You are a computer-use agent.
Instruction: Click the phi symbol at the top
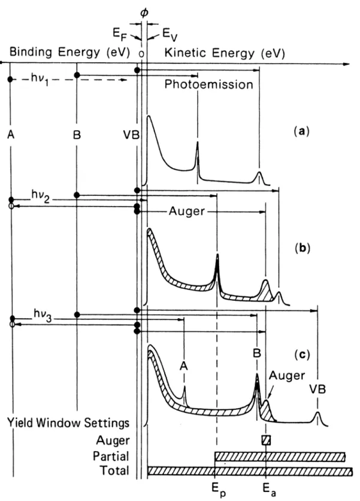pos(144,13)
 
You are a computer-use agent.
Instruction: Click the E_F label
pos(120,34)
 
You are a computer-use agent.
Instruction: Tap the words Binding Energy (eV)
pos(69,52)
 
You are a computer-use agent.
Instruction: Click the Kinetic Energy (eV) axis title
pos(225,53)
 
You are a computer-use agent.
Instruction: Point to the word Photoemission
pos(209,84)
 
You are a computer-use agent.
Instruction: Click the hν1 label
pos(40,79)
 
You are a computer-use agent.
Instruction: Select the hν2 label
pos(41,195)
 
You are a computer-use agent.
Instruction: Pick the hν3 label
pos(43,315)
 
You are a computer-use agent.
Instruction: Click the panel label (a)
pos(301,131)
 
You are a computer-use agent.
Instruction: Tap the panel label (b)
pos(302,248)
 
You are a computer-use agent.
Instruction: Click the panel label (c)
pos(302,355)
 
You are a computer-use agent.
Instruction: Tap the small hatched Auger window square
pos(266,440)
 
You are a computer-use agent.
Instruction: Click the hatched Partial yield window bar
pos(280,457)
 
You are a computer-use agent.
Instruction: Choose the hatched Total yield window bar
pos(250,471)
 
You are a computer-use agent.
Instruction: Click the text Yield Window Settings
pos(68,422)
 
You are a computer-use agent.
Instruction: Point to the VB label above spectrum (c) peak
pos(317,390)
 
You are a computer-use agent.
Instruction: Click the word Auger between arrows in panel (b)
pos(186,211)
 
